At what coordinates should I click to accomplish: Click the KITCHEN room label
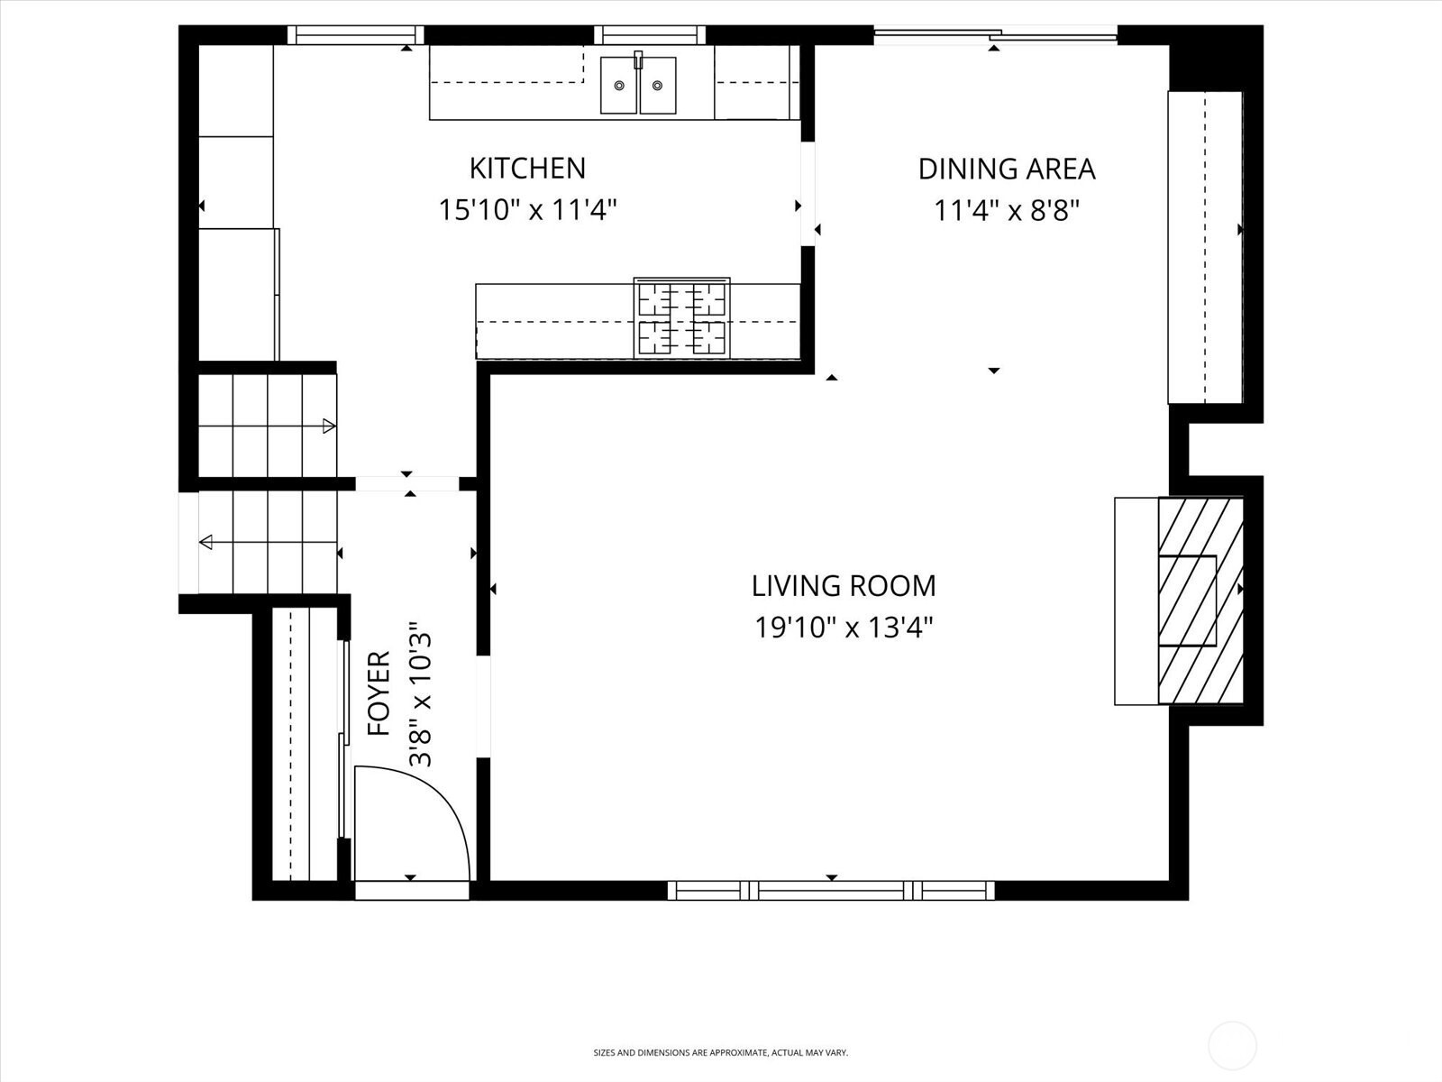point(527,169)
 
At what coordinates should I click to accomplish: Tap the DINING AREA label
point(1007,170)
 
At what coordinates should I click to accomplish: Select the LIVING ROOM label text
point(844,586)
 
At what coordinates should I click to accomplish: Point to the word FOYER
point(379,693)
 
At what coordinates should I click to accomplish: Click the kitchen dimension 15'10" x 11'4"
point(527,211)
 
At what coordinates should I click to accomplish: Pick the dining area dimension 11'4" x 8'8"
point(1007,211)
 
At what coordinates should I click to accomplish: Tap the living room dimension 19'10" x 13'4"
point(844,628)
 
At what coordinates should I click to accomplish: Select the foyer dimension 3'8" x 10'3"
point(421,693)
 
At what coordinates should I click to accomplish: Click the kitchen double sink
point(638,85)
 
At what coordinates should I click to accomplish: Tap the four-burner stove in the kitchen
point(682,318)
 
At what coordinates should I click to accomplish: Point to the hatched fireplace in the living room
point(1200,601)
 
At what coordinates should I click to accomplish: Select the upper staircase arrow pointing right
point(268,426)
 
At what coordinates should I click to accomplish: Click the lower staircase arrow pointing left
point(268,542)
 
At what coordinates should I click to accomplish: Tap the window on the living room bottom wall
point(831,890)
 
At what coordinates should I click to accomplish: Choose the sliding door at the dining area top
point(995,35)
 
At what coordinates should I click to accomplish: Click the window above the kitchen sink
point(650,35)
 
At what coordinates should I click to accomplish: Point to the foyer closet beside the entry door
point(305,744)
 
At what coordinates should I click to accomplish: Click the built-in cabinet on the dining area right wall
point(1205,248)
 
